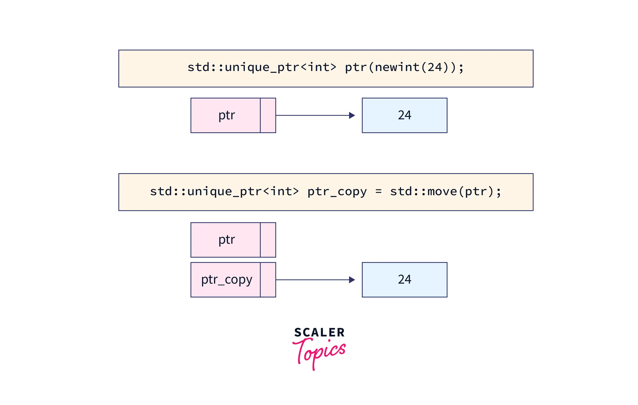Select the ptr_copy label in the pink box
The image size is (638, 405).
click(x=227, y=280)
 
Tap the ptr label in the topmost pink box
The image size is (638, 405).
click(x=227, y=115)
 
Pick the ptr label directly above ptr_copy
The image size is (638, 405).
click(x=227, y=240)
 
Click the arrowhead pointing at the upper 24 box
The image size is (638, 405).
click(x=352, y=115)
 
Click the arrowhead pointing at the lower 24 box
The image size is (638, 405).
click(x=352, y=280)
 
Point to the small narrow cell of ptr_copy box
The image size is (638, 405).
click(x=268, y=280)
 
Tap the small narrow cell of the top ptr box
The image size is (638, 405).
click(x=268, y=115)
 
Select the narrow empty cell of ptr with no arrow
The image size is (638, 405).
click(x=268, y=240)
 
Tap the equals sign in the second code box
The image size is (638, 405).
click(x=378, y=191)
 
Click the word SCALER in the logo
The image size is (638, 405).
click(x=319, y=333)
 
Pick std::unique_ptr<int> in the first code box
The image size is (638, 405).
click(x=262, y=67)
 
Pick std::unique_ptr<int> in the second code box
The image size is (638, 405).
click(x=224, y=191)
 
